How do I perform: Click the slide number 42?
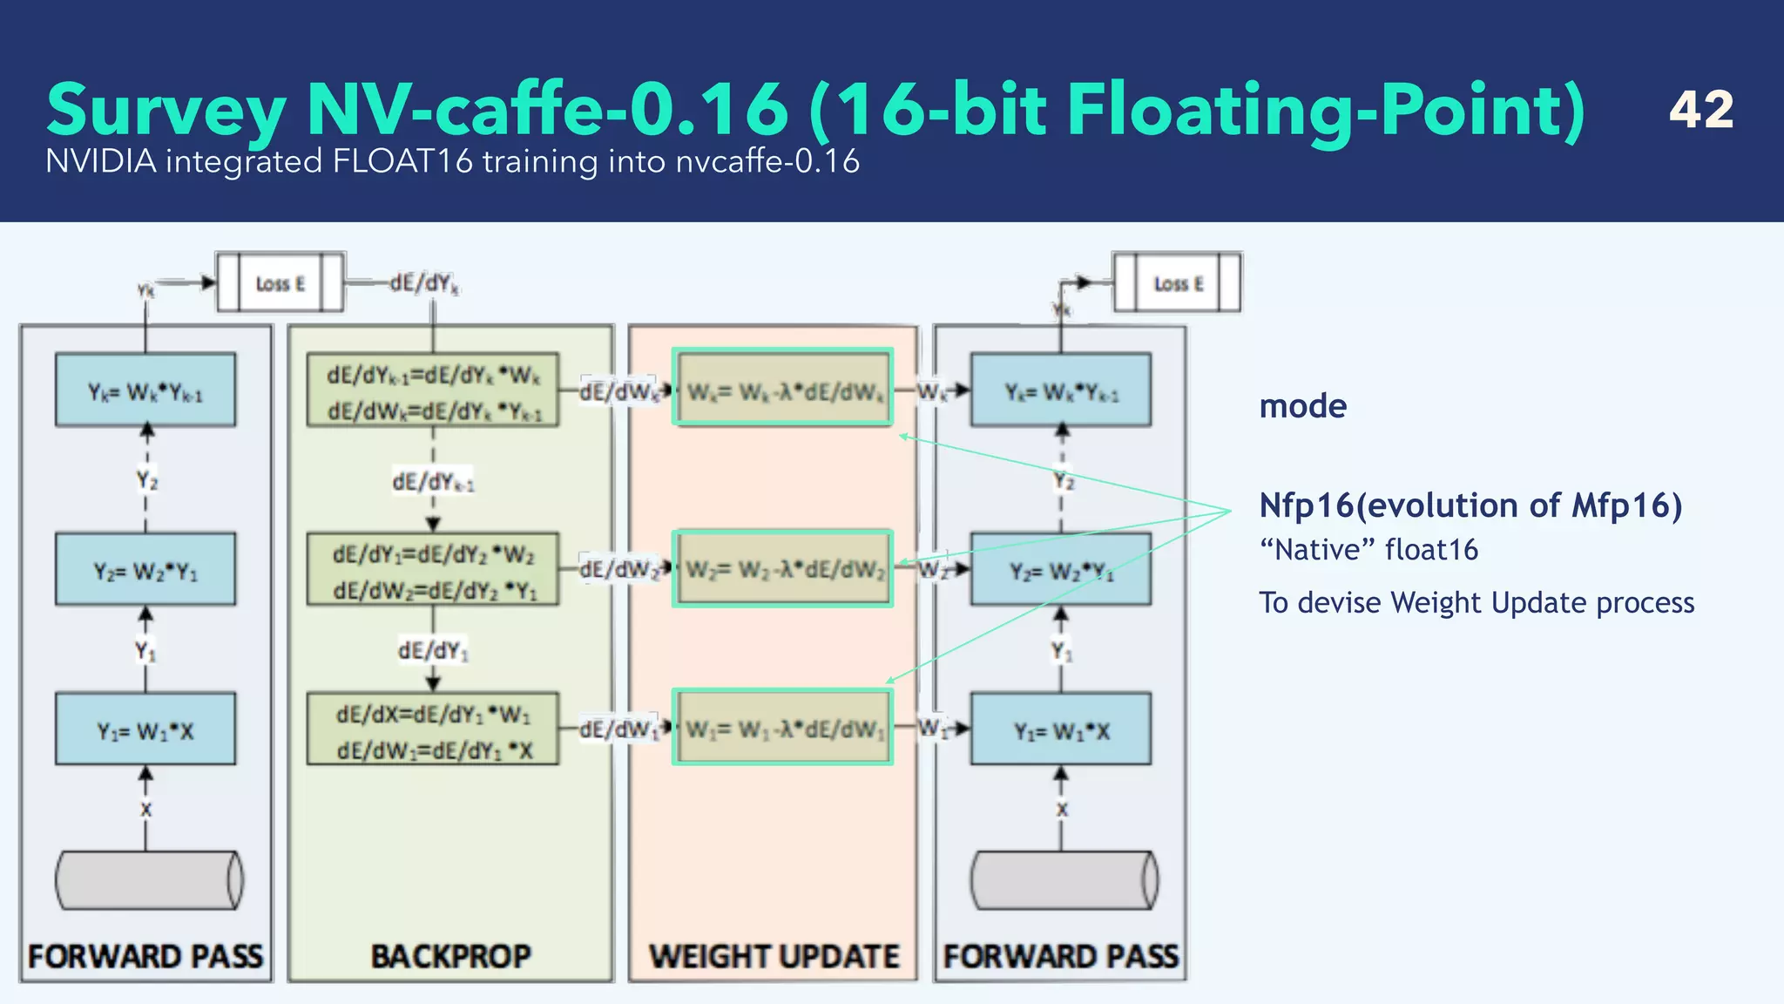tap(1700, 110)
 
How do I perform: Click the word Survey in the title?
tap(166, 111)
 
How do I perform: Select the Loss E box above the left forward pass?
tap(280, 283)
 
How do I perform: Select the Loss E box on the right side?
tap(1178, 283)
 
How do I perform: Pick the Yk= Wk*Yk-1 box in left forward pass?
tap(145, 390)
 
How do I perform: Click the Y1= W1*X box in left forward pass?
tap(145, 730)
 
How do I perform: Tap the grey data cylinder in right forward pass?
tap(1064, 880)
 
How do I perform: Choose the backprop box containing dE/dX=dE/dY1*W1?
tap(433, 730)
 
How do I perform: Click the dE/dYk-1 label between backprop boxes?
tap(433, 481)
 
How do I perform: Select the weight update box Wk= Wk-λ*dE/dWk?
tap(782, 389)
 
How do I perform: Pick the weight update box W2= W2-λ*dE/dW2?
tap(782, 569)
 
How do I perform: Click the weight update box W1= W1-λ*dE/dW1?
tap(782, 728)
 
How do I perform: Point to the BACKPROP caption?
tap(450, 956)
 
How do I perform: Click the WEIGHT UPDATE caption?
tap(774, 956)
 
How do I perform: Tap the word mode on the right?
tap(1302, 406)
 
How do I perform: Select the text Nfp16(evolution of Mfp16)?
tap(1470, 505)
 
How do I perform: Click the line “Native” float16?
tap(1368, 550)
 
